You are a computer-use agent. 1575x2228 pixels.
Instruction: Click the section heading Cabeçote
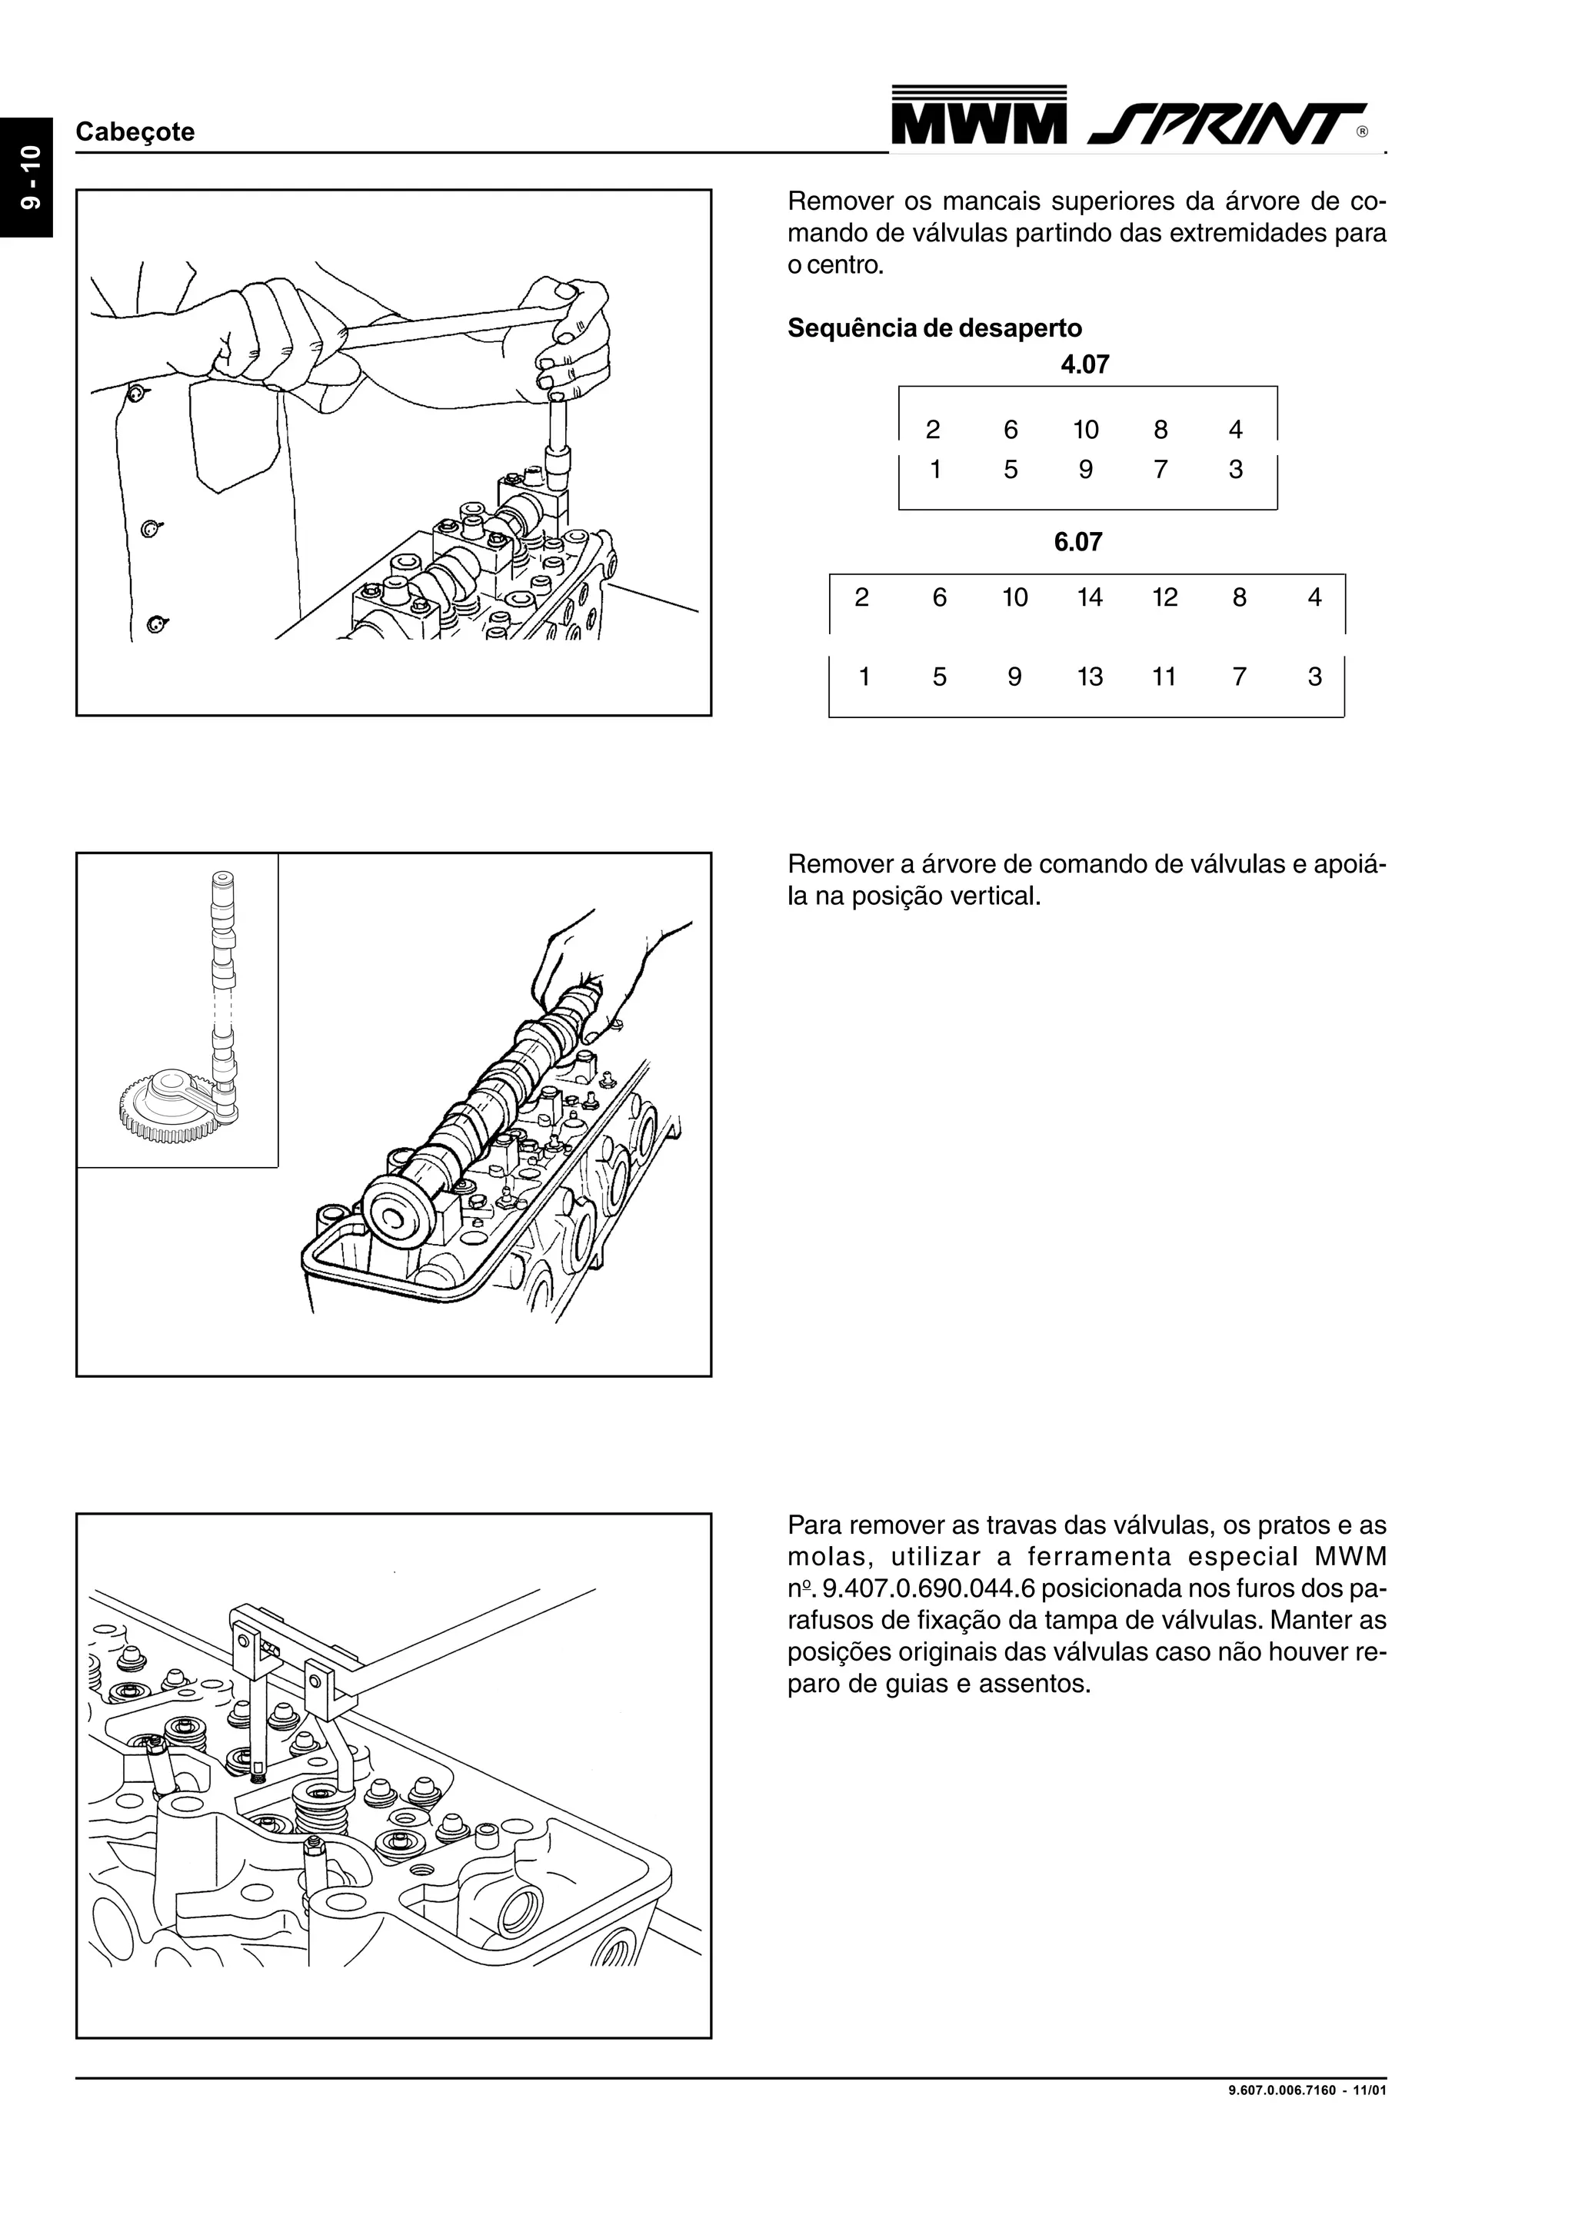click(x=135, y=132)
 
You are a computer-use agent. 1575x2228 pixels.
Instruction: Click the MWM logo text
click(x=977, y=125)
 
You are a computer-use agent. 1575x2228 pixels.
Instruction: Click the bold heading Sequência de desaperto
click(x=934, y=328)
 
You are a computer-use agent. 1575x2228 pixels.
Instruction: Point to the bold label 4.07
click(x=1084, y=365)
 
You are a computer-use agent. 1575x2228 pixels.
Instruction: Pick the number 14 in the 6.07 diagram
click(x=1089, y=598)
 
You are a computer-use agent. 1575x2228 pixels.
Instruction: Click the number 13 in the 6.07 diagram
click(x=1089, y=677)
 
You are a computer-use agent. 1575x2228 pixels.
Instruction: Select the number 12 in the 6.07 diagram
click(x=1164, y=598)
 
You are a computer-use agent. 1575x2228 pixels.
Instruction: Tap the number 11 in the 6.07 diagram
click(x=1164, y=677)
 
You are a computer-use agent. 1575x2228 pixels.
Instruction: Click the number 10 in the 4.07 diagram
click(x=1085, y=430)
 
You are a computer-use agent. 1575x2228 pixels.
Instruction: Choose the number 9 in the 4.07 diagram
click(x=1085, y=470)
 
